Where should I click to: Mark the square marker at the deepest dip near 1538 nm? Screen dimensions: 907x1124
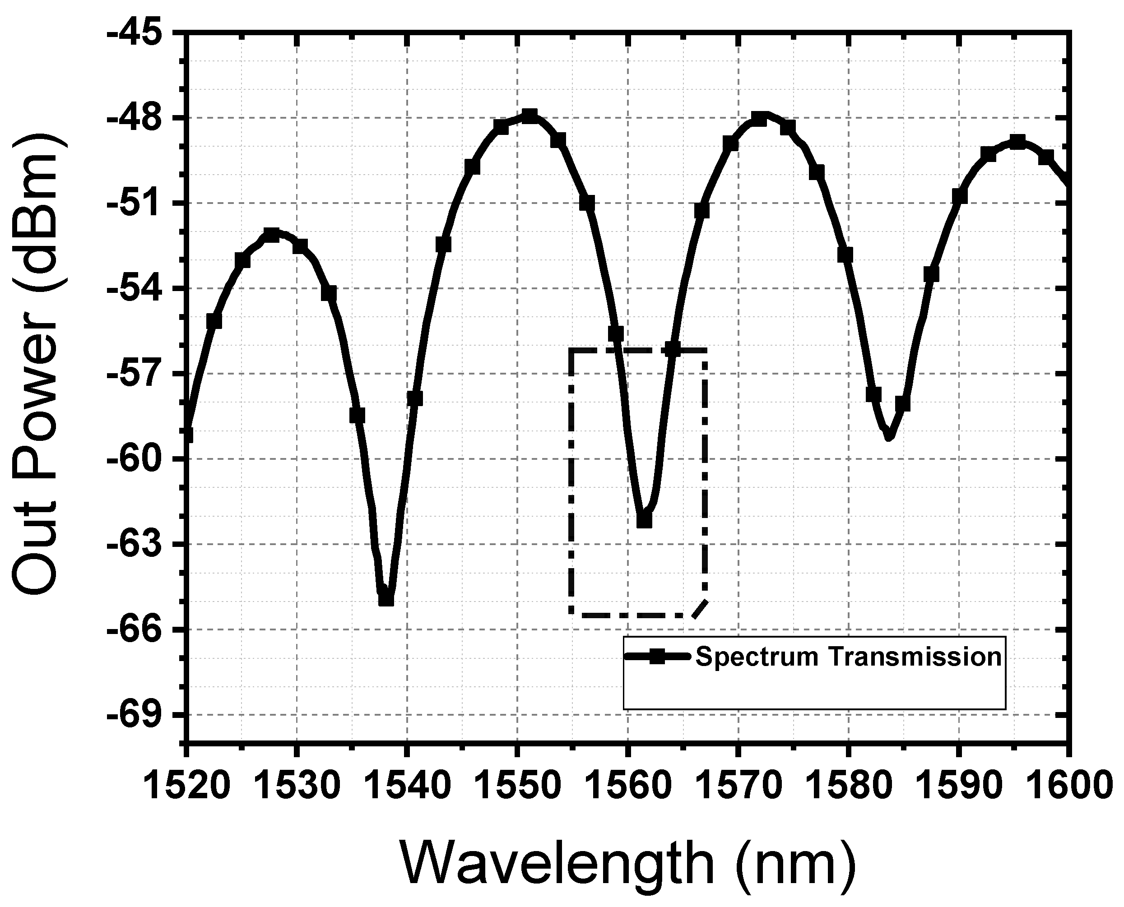(x=386, y=598)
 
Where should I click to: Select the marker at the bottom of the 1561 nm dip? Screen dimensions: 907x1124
(x=644, y=520)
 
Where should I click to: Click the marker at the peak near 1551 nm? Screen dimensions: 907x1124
(x=530, y=116)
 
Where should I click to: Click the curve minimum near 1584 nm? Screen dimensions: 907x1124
(x=888, y=437)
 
